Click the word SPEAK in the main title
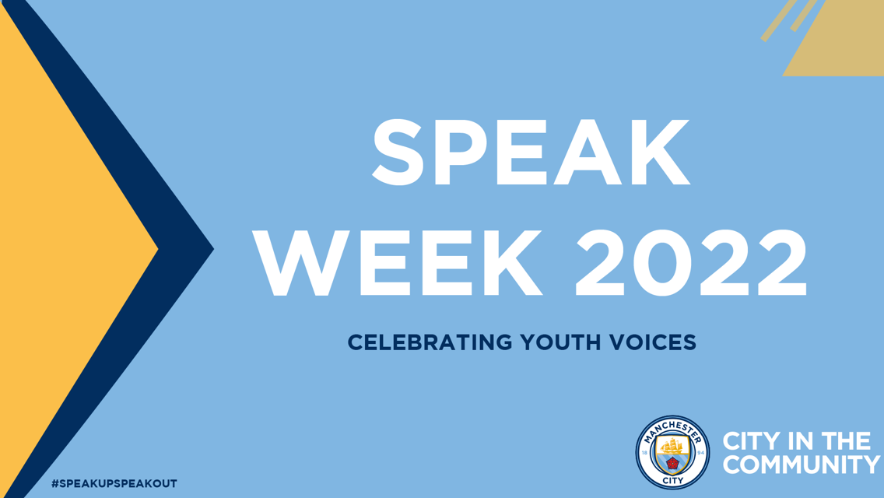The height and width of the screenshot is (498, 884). [x=531, y=153]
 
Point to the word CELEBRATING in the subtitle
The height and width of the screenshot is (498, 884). [x=430, y=342]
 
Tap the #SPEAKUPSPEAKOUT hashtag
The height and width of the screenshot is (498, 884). [x=114, y=484]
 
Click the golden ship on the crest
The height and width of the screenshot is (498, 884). [x=672, y=446]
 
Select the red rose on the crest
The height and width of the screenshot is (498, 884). [x=672, y=464]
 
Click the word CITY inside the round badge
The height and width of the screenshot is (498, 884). [x=672, y=481]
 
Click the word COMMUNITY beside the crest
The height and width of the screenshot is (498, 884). [x=802, y=465]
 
